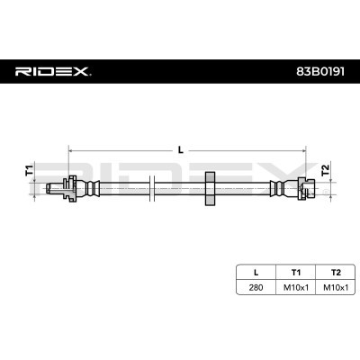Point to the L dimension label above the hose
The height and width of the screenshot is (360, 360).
[x=181, y=148]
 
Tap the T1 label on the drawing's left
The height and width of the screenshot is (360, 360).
[x=29, y=169]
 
